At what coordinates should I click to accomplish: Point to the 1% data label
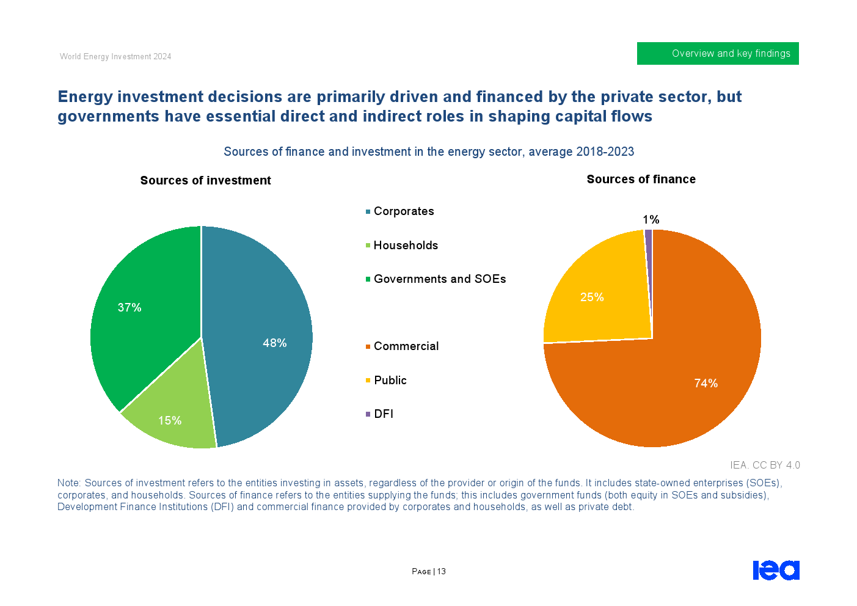pyautogui.click(x=651, y=220)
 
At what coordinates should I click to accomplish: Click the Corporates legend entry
pyautogui.click(x=403, y=211)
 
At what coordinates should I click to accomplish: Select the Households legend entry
pyautogui.click(x=406, y=246)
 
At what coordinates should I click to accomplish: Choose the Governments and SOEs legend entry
pyautogui.click(x=439, y=279)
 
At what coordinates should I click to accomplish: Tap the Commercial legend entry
pyautogui.click(x=406, y=346)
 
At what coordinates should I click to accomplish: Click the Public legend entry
pyautogui.click(x=390, y=381)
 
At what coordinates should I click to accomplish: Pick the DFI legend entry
pyautogui.click(x=383, y=414)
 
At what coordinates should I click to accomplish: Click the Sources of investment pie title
pyautogui.click(x=205, y=181)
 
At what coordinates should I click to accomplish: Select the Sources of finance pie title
pyautogui.click(x=641, y=180)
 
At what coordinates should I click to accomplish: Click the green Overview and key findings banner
pyautogui.click(x=718, y=54)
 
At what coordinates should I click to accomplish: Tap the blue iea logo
pyautogui.click(x=776, y=570)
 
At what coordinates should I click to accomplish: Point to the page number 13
pyautogui.click(x=442, y=572)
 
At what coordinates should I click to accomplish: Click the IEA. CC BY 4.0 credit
pyautogui.click(x=765, y=465)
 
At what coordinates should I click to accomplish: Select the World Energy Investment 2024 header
pyautogui.click(x=115, y=57)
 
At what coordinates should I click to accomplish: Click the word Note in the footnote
pyautogui.click(x=68, y=483)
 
